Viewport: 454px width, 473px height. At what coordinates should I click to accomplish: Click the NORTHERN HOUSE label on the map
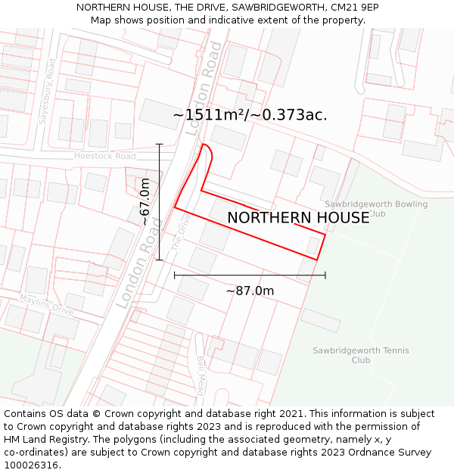pyautogui.click(x=298, y=218)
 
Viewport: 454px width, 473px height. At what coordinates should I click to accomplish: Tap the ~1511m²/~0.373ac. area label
pyautogui.click(x=250, y=115)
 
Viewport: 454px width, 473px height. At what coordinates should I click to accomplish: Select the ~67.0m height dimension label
pyautogui.click(x=145, y=201)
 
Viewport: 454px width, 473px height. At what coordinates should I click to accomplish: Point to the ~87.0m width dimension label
pyautogui.click(x=250, y=291)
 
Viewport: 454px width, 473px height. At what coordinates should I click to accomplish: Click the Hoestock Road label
pyautogui.click(x=104, y=156)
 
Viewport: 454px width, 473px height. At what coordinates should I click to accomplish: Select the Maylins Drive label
pyautogui.click(x=46, y=306)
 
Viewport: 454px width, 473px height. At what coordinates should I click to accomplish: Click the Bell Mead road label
pyautogui.click(x=201, y=376)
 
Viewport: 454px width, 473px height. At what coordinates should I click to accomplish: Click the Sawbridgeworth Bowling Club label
pyautogui.click(x=376, y=209)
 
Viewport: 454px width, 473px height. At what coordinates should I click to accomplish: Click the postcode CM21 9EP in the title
pyautogui.click(x=354, y=8)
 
